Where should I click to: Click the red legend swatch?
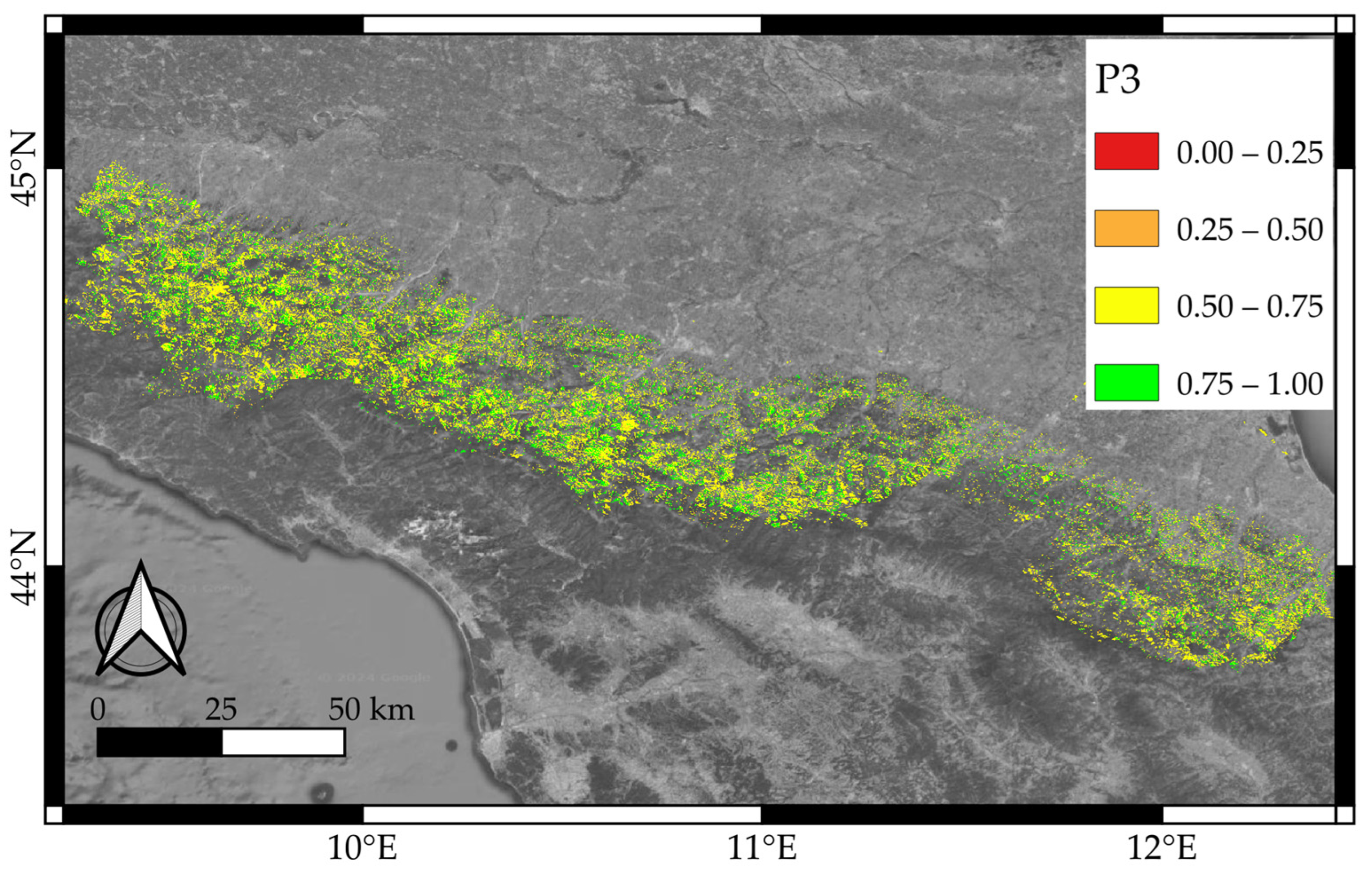tap(1126, 151)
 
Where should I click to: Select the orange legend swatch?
tap(1126, 228)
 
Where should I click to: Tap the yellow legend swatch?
tap(1126, 305)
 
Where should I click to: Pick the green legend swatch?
tap(1126, 382)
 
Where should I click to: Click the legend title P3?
tap(1117, 81)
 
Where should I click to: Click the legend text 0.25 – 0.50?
tap(1249, 229)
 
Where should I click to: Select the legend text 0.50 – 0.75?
tap(1249, 307)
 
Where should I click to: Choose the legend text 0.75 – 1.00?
tap(1249, 384)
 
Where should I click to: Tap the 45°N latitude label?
tap(24, 169)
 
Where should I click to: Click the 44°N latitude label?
tap(24, 568)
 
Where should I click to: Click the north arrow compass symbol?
tap(140, 622)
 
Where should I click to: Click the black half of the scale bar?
tap(160, 742)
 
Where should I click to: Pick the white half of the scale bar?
tap(283, 742)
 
